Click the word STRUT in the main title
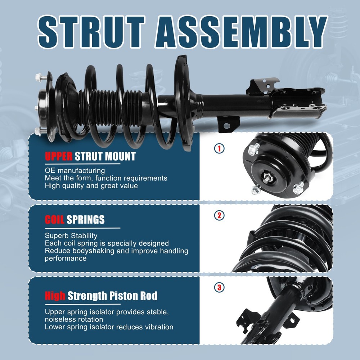point(91,32)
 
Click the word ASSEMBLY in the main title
point(241,32)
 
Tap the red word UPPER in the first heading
point(59,156)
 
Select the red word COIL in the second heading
point(54,220)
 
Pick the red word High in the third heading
point(55,296)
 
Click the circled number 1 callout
point(219,149)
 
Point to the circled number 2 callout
point(219,216)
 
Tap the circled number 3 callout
point(219,287)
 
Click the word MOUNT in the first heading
point(120,156)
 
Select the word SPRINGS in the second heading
point(85,220)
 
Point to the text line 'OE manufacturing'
point(75,171)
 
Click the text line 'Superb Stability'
point(71,236)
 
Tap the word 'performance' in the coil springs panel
point(66,258)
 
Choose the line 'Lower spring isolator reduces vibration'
point(109,327)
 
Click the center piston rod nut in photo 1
point(267,178)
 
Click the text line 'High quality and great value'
point(91,186)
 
